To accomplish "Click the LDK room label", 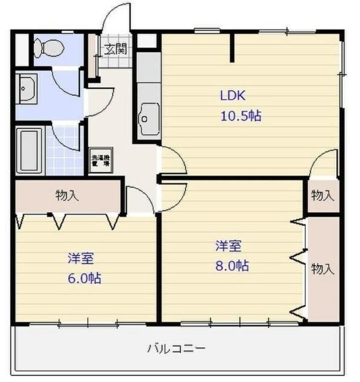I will click(x=233, y=95).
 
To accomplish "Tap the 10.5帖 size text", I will click(x=240, y=116).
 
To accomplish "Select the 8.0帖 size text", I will click(x=232, y=266).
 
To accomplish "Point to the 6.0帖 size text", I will click(x=84, y=278).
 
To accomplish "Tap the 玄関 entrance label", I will click(x=116, y=50).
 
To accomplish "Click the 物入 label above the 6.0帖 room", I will click(x=66, y=195).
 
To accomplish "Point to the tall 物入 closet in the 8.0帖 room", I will click(x=322, y=269).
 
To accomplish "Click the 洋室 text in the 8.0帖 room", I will click(x=229, y=245).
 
